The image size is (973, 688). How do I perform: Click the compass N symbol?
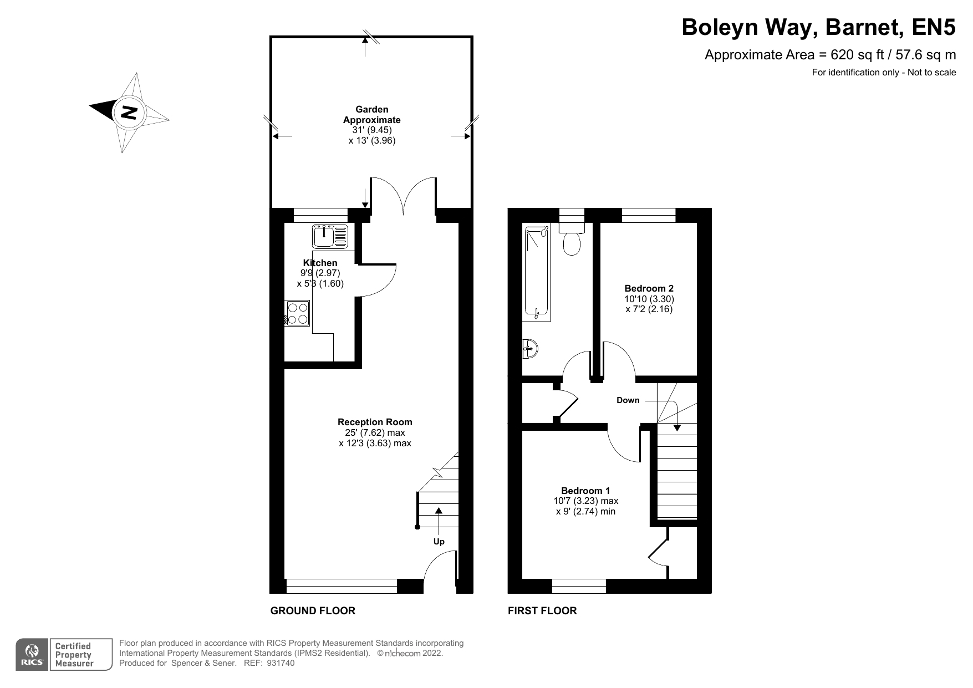coord(129,113)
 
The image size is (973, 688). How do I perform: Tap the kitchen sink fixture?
coord(329,236)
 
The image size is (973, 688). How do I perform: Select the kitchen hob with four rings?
coord(298,313)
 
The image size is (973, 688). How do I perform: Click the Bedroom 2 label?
coord(649,288)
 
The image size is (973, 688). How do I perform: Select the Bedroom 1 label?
coord(585,491)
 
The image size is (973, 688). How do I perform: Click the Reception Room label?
coord(375,422)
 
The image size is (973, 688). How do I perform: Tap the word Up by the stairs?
coord(439,542)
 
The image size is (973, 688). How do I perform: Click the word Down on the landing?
coord(628,400)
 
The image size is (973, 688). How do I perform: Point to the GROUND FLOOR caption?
coord(313,611)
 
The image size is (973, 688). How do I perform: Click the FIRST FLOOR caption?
coord(542,611)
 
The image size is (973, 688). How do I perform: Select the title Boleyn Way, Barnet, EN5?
coord(818,27)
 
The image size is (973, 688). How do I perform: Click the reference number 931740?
coord(281,663)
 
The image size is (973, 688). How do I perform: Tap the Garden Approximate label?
coord(371,115)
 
